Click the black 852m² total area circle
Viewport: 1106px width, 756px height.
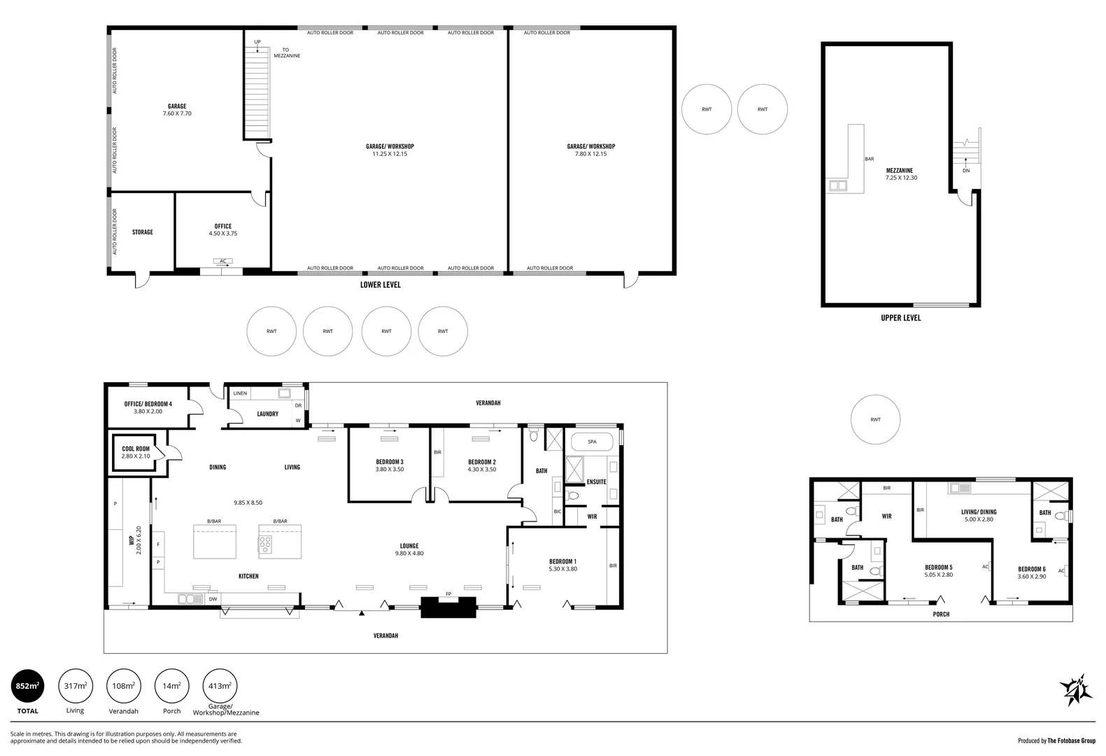27,686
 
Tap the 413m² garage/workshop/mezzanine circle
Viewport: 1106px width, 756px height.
220,686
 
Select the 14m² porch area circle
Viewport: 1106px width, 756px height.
171,686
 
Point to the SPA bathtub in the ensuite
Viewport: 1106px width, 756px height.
592,442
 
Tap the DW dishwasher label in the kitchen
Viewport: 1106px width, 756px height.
213,599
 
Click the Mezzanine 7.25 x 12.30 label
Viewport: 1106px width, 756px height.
900,174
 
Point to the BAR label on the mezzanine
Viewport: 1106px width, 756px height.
869,159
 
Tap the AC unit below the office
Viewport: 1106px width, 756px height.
223,261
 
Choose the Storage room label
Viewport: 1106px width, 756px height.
142,232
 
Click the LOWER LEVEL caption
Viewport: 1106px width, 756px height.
380,285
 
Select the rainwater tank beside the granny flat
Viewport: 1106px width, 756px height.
875,420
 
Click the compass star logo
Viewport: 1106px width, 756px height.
1076,689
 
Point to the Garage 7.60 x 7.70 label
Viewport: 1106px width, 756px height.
176,110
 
